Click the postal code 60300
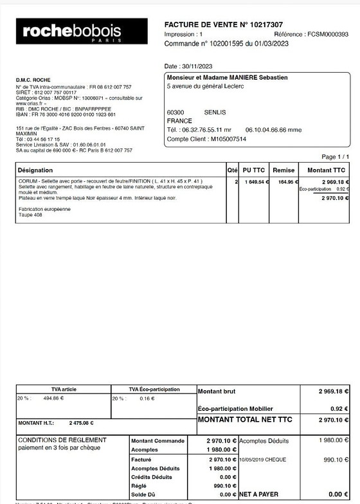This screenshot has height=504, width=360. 175,112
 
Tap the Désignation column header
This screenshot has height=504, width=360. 35,170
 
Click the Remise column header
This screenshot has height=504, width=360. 283,170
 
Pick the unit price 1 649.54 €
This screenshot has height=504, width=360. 255,182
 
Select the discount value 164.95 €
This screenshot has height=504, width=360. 283,182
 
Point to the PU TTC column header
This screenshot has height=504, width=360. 255,170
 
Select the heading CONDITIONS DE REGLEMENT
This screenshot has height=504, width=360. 62,440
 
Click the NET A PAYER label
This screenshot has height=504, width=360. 258,494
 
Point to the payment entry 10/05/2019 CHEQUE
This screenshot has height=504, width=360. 262,460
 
